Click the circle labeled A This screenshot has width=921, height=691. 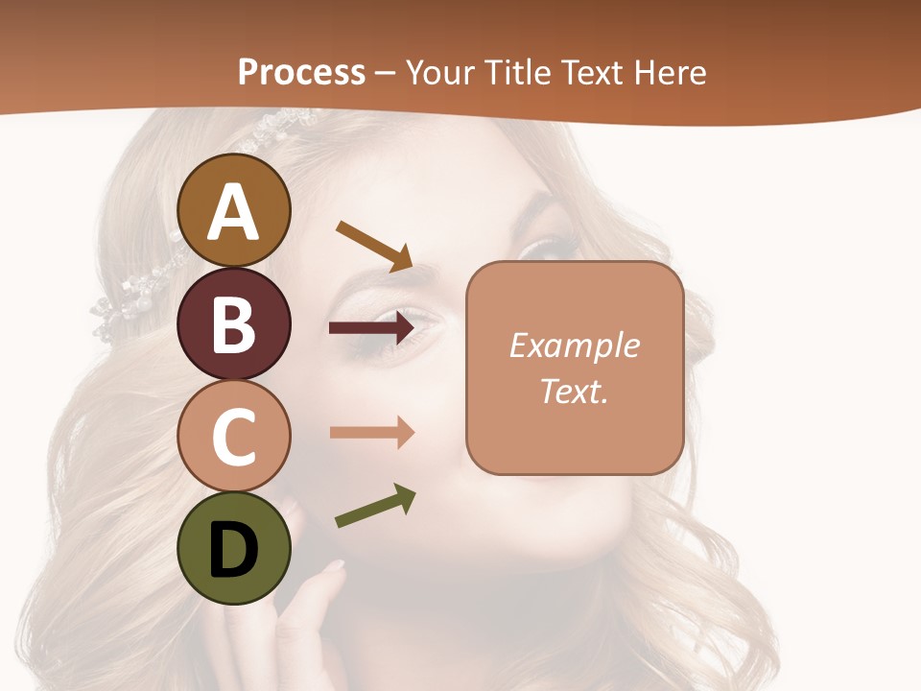234,210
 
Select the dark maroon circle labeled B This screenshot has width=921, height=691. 234,323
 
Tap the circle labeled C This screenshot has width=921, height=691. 234,437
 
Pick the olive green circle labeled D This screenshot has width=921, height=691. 234,548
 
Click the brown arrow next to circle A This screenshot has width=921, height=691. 374,246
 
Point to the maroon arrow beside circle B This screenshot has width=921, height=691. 371,328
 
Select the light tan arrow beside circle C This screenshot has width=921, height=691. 371,432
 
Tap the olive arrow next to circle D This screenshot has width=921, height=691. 375,506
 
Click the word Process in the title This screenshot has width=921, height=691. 301,73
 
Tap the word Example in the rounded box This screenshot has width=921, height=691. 574,345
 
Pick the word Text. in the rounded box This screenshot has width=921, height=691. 574,391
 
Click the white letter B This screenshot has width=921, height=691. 234,323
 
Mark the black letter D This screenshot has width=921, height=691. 234,549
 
